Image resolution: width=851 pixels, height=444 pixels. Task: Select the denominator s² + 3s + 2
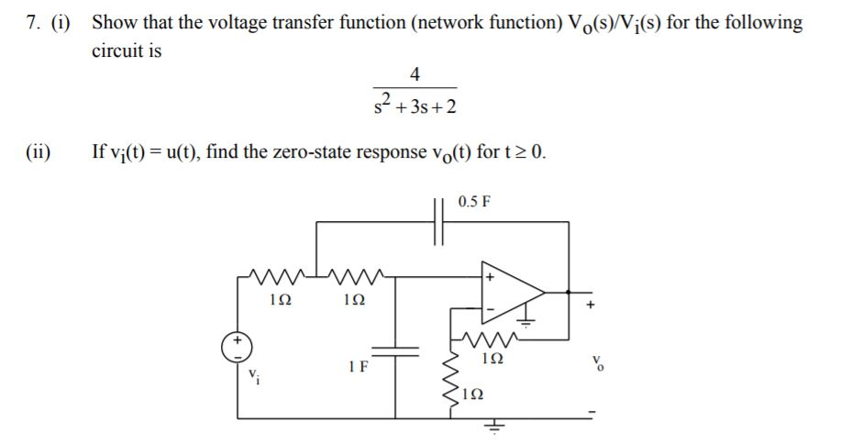tap(414, 106)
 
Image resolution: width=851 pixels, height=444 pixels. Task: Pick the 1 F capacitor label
tap(359, 368)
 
